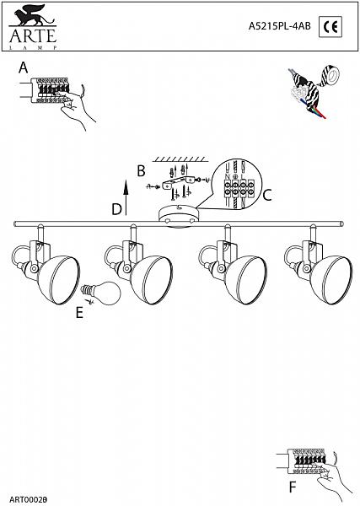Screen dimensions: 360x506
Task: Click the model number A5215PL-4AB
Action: point(279,26)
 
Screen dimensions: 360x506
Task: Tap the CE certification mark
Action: point(330,27)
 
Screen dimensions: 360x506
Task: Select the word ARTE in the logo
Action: point(33,35)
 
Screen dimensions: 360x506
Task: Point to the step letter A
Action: point(24,67)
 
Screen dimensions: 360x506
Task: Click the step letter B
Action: point(141,171)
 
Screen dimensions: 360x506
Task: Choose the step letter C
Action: point(267,196)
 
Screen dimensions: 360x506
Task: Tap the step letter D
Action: point(116,209)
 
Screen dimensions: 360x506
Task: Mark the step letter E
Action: point(79,312)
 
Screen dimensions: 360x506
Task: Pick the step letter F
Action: point(293,487)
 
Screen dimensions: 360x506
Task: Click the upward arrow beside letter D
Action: point(126,197)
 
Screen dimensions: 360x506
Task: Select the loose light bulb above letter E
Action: point(100,293)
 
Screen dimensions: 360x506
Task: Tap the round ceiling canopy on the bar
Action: point(180,217)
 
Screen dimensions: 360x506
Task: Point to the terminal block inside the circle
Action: point(238,188)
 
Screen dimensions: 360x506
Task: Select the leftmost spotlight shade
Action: point(59,280)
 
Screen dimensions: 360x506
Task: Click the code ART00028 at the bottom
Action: point(29,500)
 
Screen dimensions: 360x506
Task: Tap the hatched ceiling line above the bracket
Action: point(180,159)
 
